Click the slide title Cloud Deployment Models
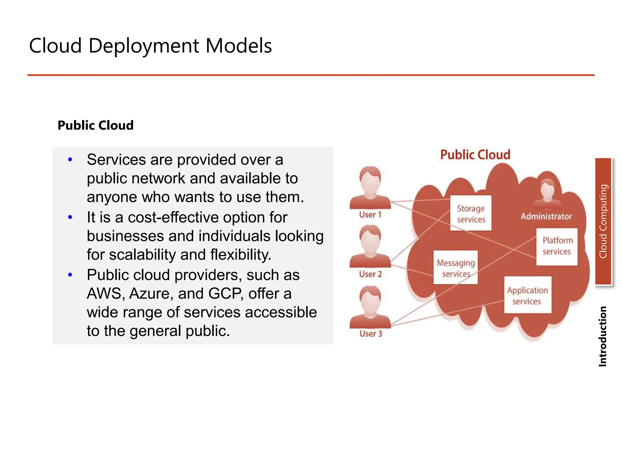click(x=150, y=46)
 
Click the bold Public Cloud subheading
click(x=95, y=125)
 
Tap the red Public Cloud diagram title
click(x=475, y=155)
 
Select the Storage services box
click(x=471, y=213)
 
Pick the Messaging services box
click(x=456, y=268)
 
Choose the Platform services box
click(x=557, y=246)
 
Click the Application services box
click(x=528, y=295)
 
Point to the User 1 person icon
click(x=370, y=188)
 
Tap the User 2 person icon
click(x=370, y=246)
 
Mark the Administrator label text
click(x=546, y=217)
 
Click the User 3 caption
click(x=371, y=334)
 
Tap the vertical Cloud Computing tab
click(x=603, y=221)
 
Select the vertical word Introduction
click(x=603, y=336)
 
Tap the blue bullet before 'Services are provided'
click(x=70, y=160)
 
